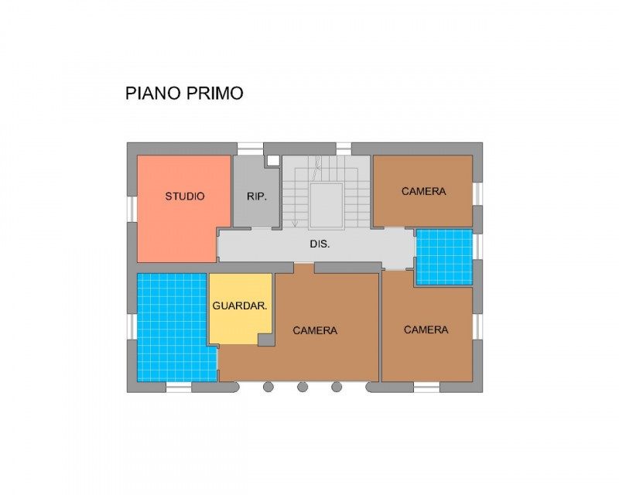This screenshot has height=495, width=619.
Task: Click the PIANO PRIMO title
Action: point(184,93)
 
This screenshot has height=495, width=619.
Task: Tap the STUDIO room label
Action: point(185,196)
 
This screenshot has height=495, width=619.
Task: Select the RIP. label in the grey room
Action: point(257,196)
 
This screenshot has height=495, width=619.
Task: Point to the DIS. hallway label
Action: point(320,244)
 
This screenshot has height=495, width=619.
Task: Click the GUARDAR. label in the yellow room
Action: point(240,306)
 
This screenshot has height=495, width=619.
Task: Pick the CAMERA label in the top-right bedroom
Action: point(423,191)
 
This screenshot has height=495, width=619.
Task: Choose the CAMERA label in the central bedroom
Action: point(315,330)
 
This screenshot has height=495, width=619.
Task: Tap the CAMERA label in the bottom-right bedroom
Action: point(426,329)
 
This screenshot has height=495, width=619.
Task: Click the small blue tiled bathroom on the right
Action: point(444,257)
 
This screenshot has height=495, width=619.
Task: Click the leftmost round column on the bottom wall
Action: point(268,387)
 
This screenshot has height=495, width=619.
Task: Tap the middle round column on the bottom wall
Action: point(303,387)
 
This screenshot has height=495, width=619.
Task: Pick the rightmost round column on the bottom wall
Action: point(337,387)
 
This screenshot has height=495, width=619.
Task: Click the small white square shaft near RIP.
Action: point(272,160)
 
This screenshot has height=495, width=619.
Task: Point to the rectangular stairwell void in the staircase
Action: point(326,206)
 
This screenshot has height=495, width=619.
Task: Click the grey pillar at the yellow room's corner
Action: point(265,339)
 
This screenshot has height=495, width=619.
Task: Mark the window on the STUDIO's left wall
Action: point(132,209)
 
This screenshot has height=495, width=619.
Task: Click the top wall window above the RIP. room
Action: point(250,148)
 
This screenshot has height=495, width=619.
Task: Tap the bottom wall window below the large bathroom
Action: point(179,387)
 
